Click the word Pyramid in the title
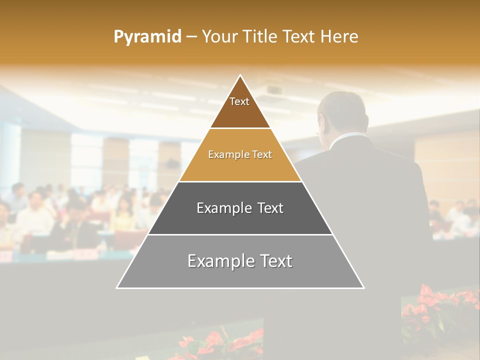(x=147, y=37)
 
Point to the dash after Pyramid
(x=191, y=37)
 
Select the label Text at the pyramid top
(x=239, y=101)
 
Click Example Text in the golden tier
(x=240, y=154)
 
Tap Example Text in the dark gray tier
(x=240, y=208)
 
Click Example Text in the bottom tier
(x=240, y=261)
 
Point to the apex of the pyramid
(x=240, y=75)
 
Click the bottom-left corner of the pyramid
(x=117, y=287)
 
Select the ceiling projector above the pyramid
(x=274, y=90)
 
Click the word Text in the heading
(x=300, y=37)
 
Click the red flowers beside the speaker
(x=435, y=305)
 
